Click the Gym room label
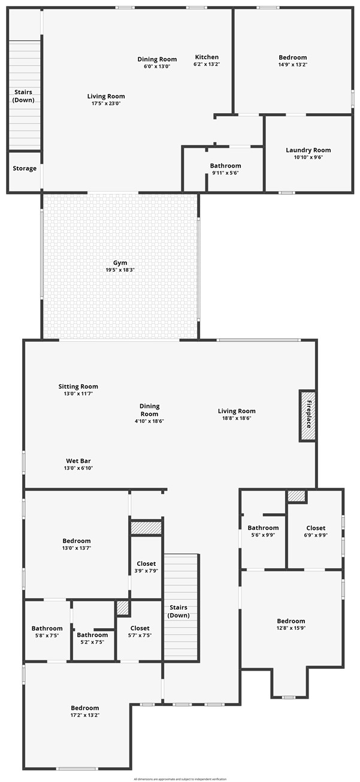[120, 263]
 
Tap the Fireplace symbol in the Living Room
[308, 416]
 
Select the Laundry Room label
[308, 150]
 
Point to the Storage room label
[25, 168]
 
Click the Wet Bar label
[79, 461]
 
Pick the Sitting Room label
[78, 386]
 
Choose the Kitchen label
[206, 57]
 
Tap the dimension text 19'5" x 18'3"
[120, 270]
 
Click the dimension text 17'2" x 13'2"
[84, 715]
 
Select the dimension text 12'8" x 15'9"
[291, 628]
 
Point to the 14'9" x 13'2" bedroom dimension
[292, 65]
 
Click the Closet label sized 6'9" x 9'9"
[316, 528]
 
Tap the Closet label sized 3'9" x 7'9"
[146, 563]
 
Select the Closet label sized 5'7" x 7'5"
[140, 628]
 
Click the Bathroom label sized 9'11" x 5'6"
[225, 166]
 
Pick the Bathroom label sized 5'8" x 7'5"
[47, 628]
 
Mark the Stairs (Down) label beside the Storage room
[24, 96]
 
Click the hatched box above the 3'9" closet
[146, 528]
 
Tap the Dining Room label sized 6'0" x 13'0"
[157, 59]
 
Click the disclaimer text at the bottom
[180, 779]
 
